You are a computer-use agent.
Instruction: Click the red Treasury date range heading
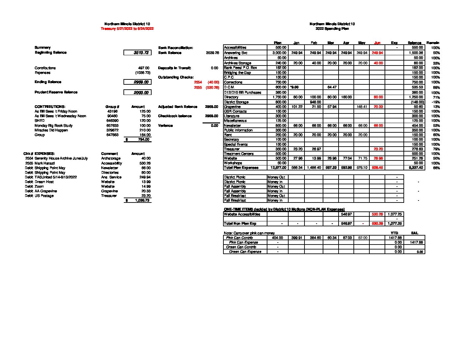[127, 29]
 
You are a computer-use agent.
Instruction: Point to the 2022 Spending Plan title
[332, 29]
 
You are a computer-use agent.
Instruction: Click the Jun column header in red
[377, 43]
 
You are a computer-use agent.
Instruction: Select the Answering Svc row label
[236, 53]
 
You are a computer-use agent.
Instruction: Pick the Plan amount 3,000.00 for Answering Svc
[279, 53]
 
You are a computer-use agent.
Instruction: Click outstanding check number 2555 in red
[198, 88]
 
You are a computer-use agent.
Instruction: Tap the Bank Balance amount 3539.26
[212, 53]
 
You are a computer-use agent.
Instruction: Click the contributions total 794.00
[144, 140]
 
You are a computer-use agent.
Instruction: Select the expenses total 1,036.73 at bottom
[142, 201]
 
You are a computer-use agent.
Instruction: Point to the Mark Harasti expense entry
[45, 163]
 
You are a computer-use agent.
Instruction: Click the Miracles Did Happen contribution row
[51, 130]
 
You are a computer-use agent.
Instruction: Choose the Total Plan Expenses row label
[241, 168]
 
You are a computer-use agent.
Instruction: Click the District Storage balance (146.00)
[416, 102]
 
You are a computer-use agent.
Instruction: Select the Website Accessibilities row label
[242, 214]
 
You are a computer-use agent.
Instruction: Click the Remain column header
[433, 43]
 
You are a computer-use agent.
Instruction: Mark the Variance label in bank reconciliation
[165, 126]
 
